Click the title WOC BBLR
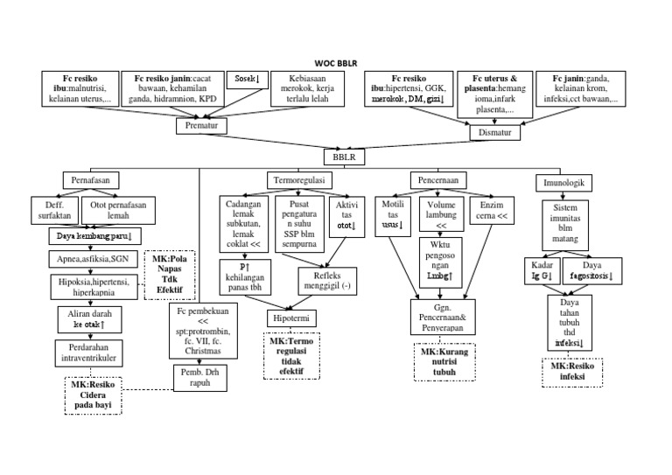336,62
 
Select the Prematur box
202,126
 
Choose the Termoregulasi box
299,179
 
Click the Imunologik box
563,183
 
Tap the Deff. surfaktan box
49,210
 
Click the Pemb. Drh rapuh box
198,377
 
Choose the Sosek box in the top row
248,80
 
